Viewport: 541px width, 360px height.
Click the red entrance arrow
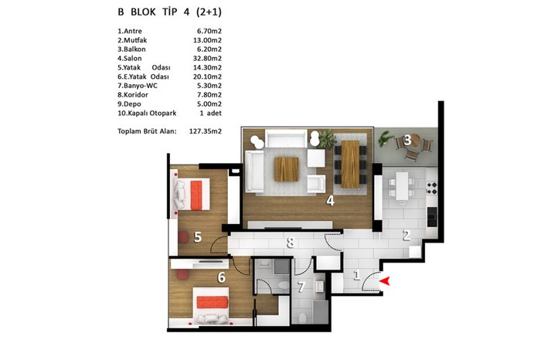coord(385,281)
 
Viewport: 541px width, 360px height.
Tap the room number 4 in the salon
coord(330,201)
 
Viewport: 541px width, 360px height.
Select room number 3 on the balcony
coord(407,140)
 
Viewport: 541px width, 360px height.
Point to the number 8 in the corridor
coord(291,242)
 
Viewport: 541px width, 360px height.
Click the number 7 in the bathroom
coord(301,287)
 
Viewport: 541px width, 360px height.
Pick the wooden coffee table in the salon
coord(287,169)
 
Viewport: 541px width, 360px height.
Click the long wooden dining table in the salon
coord(350,164)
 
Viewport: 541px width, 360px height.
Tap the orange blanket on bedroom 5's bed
coord(196,195)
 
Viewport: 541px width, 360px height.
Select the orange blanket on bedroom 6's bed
coord(213,302)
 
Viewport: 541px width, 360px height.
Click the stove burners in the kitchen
coord(432,188)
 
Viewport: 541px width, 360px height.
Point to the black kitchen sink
coord(432,216)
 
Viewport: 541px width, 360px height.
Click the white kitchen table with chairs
coord(402,186)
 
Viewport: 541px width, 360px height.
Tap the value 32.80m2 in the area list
coord(207,59)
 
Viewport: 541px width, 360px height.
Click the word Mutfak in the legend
coord(135,40)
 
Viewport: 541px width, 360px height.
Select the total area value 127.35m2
coord(206,131)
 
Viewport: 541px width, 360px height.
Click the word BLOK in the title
coord(143,12)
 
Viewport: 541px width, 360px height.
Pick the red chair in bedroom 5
coord(183,237)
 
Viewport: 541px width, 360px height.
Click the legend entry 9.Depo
coord(129,104)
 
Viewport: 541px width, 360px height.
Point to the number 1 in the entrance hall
coord(357,275)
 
